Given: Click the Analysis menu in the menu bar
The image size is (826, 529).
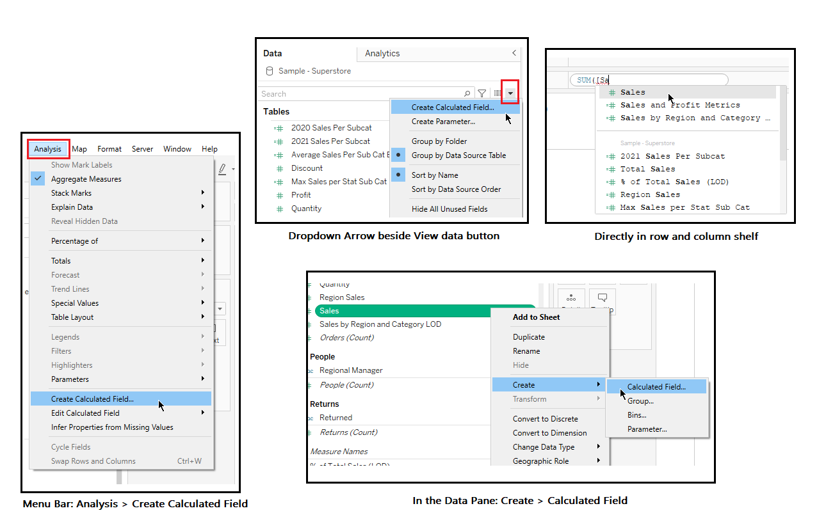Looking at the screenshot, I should pos(48,149).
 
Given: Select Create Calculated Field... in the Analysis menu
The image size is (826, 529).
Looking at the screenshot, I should pos(92,399).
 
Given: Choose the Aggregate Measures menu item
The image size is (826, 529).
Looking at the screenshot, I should pos(86,179).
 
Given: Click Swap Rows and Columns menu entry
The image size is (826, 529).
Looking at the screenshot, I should pos(93,461).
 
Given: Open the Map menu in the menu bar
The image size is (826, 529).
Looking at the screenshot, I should pos(79,149).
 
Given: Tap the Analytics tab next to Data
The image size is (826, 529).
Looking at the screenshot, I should pos(382,54).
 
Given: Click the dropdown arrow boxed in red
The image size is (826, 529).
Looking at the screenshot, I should pos(510,93).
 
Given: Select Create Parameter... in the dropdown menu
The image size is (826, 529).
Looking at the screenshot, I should pos(443,122).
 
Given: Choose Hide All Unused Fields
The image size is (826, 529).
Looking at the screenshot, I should pos(449,209).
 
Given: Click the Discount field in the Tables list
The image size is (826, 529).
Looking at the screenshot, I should pos(307,168).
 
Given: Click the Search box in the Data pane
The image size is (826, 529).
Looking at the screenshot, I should pos(362,94).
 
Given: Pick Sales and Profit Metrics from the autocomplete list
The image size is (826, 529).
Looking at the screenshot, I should pos(679,105).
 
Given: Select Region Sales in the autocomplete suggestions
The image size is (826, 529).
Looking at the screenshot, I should pos(650,194).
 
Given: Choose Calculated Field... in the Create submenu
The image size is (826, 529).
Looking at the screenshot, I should pos(656,387).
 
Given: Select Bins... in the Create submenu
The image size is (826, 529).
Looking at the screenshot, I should pos(636,415).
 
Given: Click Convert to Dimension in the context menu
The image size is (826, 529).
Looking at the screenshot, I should pos(549,433).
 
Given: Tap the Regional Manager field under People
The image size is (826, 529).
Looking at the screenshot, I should pos(351,370).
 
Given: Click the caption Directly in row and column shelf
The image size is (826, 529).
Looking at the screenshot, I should pos(676,237).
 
